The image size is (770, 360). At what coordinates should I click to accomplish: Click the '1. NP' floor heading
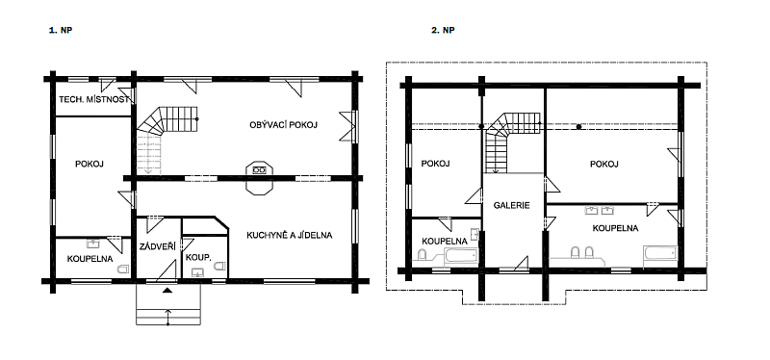(61, 31)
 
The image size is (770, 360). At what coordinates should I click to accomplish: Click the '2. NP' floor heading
(443, 31)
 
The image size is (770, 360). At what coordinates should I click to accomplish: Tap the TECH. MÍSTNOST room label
(94, 100)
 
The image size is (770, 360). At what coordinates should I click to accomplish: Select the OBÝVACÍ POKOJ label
(283, 125)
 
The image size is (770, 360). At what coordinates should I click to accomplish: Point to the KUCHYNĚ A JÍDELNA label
(290, 235)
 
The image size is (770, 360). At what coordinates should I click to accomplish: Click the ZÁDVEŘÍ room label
(158, 245)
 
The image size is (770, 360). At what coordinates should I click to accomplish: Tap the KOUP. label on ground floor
(198, 256)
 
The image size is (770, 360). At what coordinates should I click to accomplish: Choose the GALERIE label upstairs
(512, 205)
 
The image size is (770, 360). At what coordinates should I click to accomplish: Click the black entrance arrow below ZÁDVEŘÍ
(167, 291)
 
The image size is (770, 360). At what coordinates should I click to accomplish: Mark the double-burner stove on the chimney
(259, 170)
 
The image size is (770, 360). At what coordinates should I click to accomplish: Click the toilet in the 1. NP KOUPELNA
(123, 269)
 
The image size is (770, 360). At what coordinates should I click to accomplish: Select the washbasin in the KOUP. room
(198, 272)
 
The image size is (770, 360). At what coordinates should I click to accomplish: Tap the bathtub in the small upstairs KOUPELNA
(461, 256)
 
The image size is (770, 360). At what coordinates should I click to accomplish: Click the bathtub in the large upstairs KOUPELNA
(660, 256)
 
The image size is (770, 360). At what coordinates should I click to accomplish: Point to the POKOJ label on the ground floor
(90, 164)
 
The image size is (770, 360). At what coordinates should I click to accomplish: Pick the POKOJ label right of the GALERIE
(603, 164)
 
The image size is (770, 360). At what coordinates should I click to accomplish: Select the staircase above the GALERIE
(512, 141)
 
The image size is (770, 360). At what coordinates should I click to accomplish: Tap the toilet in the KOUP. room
(219, 266)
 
